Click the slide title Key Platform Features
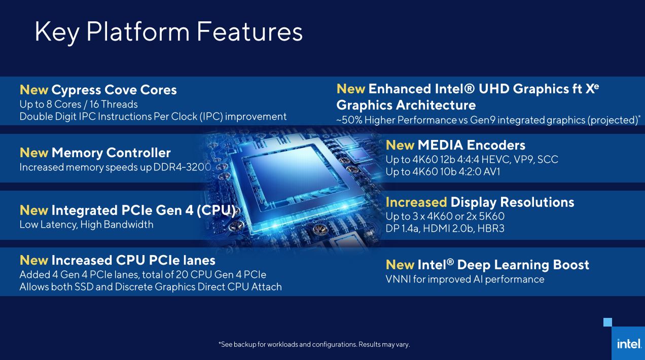click(168, 31)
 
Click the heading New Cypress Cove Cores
click(98, 90)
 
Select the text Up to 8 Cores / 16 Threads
click(79, 104)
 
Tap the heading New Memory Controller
click(95, 153)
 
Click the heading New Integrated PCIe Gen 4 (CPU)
click(127, 210)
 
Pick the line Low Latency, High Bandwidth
click(86, 224)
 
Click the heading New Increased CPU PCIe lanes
click(117, 260)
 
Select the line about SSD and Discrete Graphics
click(150, 286)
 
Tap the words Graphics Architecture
click(406, 105)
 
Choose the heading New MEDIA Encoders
click(455, 145)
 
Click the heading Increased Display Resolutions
click(480, 202)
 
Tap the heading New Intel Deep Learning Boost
click(487, 265)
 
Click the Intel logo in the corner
click(628, 343)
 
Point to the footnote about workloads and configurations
click(314, 345)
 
